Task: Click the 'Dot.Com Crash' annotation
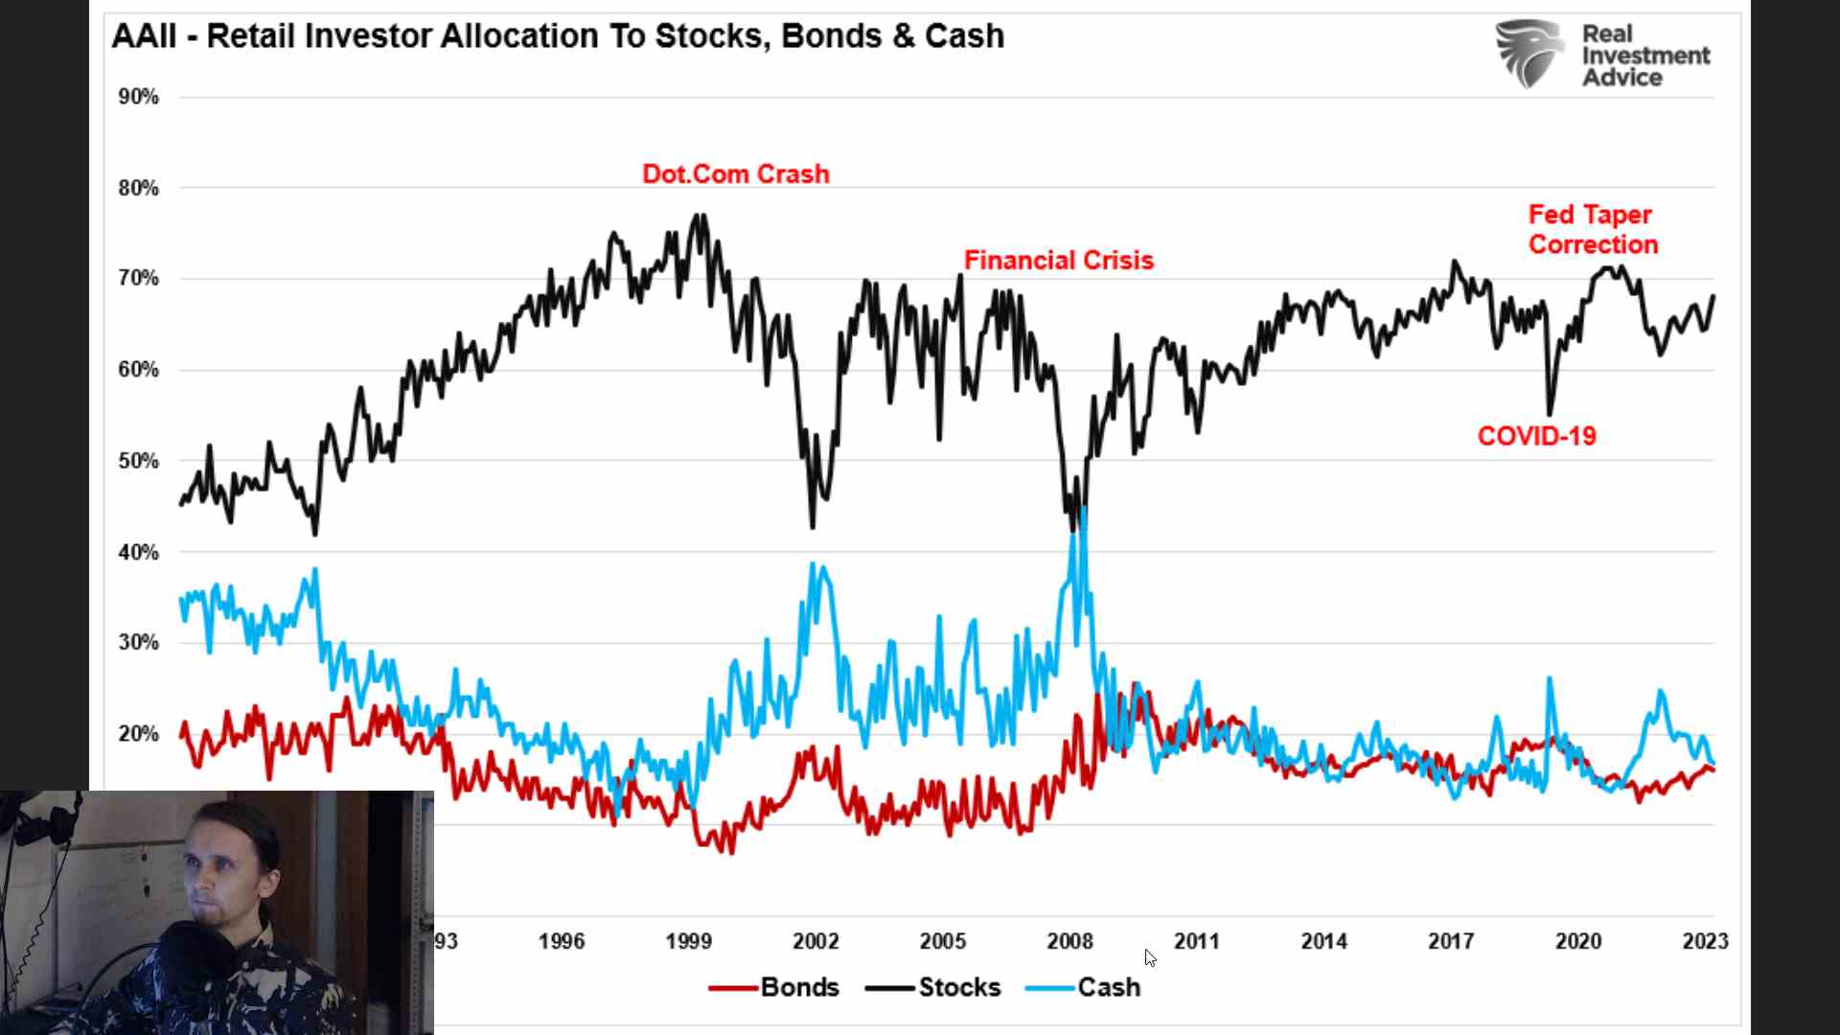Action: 735,174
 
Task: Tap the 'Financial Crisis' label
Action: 1058,261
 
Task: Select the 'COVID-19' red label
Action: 1536,436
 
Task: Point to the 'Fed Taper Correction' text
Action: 1592,230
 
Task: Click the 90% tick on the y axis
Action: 138,97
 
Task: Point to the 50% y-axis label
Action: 138,461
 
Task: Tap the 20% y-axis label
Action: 138,734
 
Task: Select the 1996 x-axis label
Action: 561,941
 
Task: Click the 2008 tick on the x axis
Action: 1069,941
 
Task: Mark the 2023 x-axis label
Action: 1705,941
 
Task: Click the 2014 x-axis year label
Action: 1323,941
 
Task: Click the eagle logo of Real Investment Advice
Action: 1529,54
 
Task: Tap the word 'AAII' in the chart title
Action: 144,36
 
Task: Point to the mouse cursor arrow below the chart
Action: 1150,957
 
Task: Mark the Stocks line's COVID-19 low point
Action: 1550,412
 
